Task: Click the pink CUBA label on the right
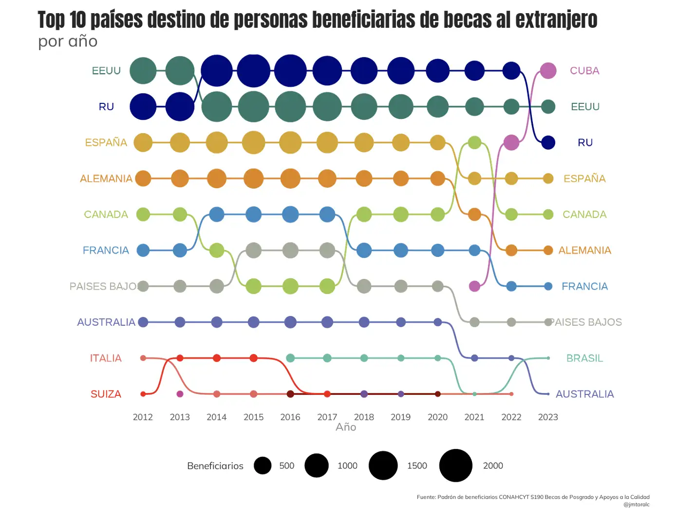point(584,71)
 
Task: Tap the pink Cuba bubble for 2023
point(548,71)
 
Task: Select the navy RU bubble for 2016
point(290,71)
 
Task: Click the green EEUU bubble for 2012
point(143,71)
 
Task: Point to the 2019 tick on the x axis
point(400,417)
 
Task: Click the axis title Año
point(346,427)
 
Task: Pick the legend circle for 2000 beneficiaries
point(455,466)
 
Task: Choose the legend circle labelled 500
point(263,466)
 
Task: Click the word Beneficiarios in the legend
point(215,466)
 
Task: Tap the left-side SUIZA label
point(106,394)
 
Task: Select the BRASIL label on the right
point(584,358)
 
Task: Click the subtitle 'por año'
point(68,41)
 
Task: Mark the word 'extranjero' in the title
point(556,20)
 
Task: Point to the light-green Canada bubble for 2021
point(474,142)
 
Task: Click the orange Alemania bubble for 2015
point(253,178)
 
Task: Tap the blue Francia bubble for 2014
point(217,214)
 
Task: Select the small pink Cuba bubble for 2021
point(474,286)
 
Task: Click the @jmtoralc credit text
point(636,505)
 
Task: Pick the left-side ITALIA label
point(106,358)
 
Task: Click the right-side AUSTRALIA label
point(584,394)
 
